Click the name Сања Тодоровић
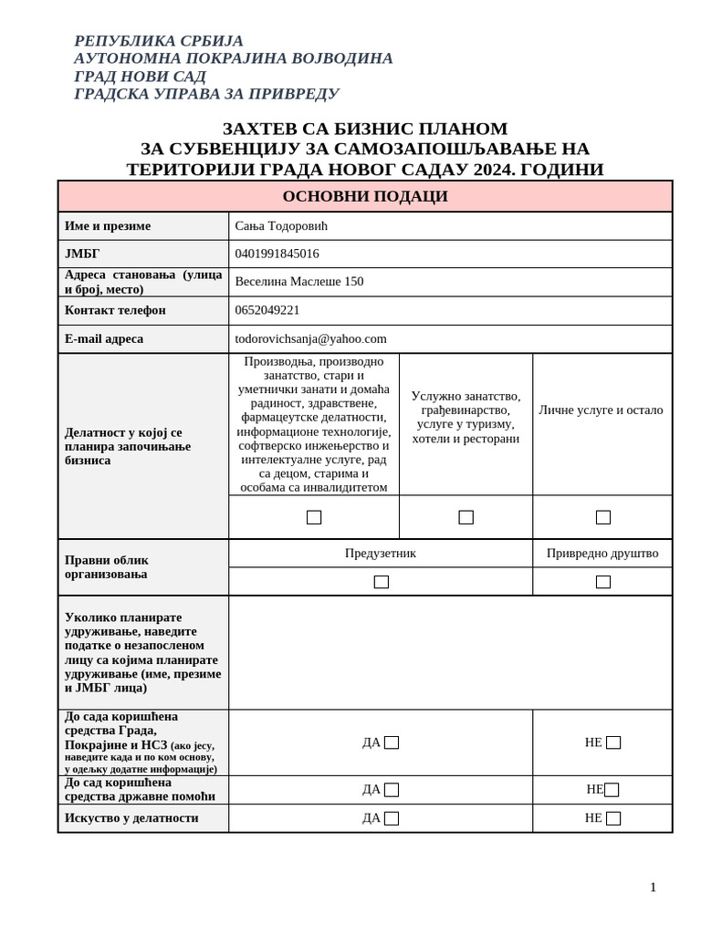(x=281, y=226)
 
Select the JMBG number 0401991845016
(x=277, y=254)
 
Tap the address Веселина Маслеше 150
(x=298, y=282)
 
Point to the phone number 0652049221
(x=267, y=310)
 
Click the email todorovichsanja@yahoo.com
(x=310, y=338)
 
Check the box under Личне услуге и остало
(x=603, y=517)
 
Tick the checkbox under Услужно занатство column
(x=466, y=517)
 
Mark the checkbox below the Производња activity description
(x=314, y=517)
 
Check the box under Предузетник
(x=382, y=582)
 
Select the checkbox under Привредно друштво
(x=603, y=582)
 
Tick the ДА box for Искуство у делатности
(x=392, y=818)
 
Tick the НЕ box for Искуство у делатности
(x=613, y=818)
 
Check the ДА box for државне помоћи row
(x=392, y=790)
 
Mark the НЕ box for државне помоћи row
(x=612, y=790)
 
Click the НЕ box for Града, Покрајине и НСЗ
(x=613, y=742)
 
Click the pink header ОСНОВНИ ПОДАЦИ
(x=365, y=196)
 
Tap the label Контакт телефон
(x=115, y=310)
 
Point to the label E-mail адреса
(x=104, y=338)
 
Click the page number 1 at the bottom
(x=653, y=887)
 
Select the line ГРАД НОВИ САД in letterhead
(x=140, y=76)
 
